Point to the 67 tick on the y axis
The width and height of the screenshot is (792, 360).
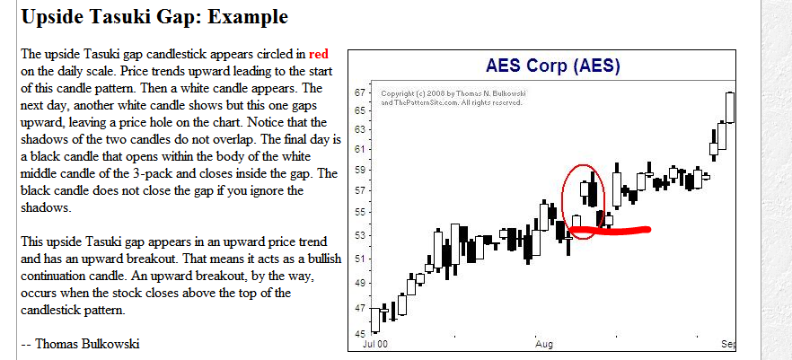(358, 92)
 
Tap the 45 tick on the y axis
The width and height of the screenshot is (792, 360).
(358, 332)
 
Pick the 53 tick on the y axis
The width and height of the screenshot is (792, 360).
(358, 236)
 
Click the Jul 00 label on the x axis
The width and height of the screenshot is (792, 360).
(374, 344)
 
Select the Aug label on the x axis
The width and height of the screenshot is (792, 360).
(544, 344)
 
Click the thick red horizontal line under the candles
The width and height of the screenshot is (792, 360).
(611, 232)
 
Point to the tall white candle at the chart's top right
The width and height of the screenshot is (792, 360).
(730, 107)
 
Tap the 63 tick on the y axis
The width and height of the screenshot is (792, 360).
(358, 129)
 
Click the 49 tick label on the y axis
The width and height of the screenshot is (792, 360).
(358, 283)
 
